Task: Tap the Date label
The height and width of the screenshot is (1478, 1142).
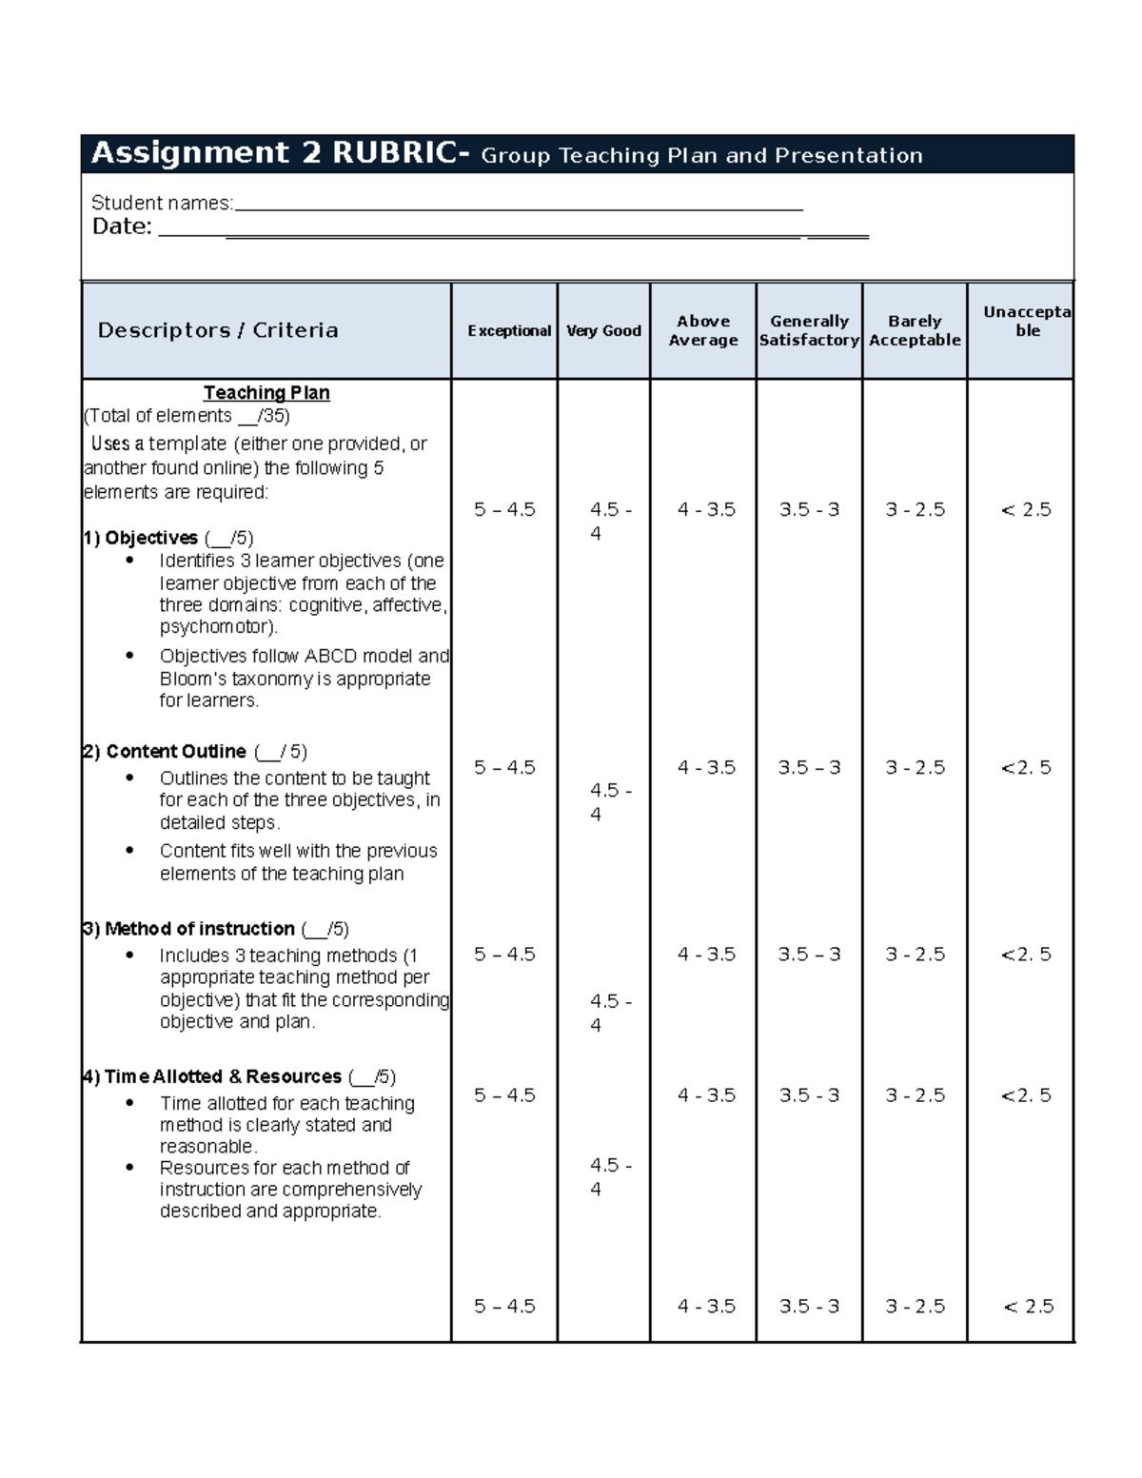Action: click(122, 227)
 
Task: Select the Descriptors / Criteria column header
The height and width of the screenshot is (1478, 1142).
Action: click(218, 330)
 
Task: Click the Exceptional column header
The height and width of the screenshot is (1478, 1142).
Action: click(508, 330)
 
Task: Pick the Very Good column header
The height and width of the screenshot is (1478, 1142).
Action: click(603, 330)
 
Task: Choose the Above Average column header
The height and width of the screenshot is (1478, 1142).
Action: click(703, 330)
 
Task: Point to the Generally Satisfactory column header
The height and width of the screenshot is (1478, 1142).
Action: click(809, 330)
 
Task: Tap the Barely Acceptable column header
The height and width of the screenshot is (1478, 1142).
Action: click(915, 330)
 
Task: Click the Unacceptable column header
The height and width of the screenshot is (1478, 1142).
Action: click(1026, 322)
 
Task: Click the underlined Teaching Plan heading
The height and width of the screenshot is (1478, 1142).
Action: click(266, 392)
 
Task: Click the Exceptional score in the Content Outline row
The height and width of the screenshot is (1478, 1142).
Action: click(504, 767)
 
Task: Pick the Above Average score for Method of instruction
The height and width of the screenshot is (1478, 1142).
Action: click(706, 954)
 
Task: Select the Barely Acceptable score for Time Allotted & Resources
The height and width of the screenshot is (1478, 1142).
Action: click(915, 1095)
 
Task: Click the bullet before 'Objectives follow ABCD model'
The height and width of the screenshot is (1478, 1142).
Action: click(129, 656)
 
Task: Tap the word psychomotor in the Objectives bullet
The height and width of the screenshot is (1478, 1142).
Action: click(217, 627)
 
